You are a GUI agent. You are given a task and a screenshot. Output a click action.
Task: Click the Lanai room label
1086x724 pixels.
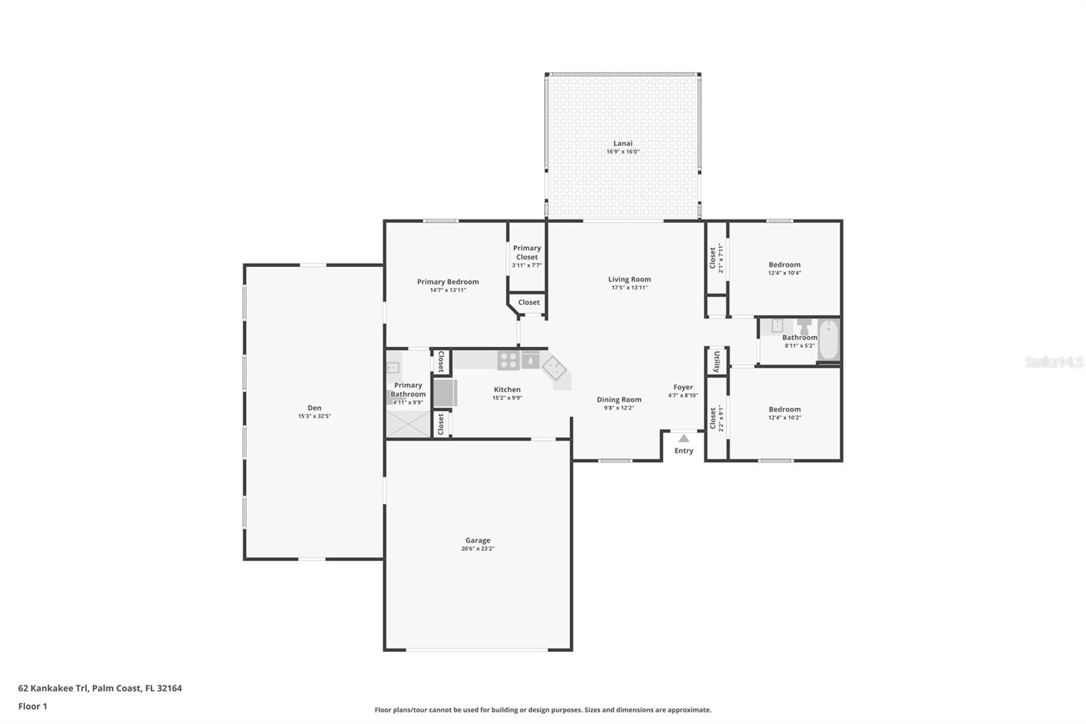tap(622, 143)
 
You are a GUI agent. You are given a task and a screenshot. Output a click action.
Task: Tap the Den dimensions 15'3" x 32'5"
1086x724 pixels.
tap(314, 416)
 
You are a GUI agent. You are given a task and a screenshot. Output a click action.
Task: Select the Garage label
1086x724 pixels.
tap(478, 541)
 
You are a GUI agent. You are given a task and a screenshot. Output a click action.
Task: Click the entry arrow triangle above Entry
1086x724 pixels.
tap(684, 438)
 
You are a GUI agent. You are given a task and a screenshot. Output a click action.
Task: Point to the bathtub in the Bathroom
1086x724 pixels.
tap(829, 340)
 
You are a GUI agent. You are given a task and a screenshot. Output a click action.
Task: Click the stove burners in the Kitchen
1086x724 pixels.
tap(508, 360)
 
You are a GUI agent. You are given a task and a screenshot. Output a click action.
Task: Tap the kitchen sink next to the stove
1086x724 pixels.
tap(530, 360)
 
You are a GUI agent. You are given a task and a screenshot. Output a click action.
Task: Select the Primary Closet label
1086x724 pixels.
tap(527, 252)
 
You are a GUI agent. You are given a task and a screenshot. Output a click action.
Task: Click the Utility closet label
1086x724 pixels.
tap(717, 361)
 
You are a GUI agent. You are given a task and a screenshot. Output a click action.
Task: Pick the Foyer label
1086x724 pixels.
tap(683, 387)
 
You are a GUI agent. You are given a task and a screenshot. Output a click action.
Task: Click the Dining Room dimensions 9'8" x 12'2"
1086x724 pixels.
tap(618, 408)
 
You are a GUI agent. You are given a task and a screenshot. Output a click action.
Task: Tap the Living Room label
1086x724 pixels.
tap(629, 279)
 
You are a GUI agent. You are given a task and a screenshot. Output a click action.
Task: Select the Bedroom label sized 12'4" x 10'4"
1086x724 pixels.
tap(784, 265)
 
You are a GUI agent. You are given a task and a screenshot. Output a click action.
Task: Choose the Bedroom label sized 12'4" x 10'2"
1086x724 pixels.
tap(784, 410)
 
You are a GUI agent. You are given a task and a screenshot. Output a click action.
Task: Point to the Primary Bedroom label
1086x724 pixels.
tap(447, 282)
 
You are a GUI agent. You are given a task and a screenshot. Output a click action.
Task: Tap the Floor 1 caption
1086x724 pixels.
tap(33, 706)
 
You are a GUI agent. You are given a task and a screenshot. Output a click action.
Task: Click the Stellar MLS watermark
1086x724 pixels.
tap(1053, 362)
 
